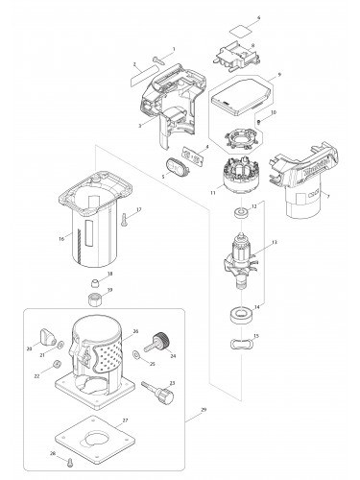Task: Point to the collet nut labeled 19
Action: [96, 298]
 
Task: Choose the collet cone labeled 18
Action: [96, 280]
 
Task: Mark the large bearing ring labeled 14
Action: [238, 315]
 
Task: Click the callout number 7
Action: [328, 197]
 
